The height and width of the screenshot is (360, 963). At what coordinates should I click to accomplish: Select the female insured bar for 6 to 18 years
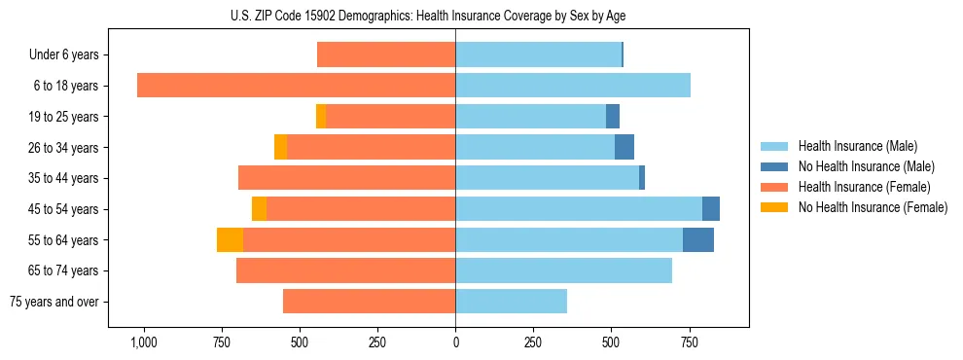(296, 86)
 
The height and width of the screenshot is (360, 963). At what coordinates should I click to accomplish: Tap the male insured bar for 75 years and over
(511, 302)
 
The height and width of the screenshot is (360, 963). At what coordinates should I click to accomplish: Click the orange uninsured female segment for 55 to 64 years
(230, 240)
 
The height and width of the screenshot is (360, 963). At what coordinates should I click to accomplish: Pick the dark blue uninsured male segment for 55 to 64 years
(697, 240)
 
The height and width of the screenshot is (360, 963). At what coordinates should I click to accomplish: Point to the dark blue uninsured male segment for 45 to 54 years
(711, 209)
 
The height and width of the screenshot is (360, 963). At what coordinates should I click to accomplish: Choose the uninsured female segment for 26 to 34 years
(280, 147)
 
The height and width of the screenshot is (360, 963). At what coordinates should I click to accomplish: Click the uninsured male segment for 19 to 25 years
(613, 117)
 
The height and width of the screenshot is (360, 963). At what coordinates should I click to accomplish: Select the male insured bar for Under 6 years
(538, 54)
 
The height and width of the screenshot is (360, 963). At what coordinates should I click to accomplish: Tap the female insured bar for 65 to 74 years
(345, 270)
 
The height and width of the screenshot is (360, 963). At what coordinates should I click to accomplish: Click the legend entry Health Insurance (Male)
(857, 146)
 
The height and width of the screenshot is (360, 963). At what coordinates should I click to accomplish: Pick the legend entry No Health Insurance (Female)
(873, 207)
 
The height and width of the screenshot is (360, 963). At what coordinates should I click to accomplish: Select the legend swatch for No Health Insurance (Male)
(774, 166)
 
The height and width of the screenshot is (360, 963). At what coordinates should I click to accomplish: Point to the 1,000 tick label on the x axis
(143, 342)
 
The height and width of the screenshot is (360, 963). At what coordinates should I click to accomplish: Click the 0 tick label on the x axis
(455, 342)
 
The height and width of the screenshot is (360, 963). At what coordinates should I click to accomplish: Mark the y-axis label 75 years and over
(53, 302)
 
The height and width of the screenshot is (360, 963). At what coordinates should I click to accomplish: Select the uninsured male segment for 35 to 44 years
(642, 178)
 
